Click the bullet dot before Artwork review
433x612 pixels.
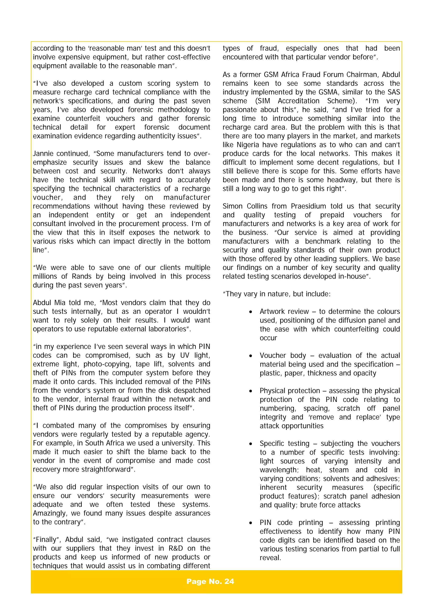[251, 312]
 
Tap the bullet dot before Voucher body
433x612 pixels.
[251, 356]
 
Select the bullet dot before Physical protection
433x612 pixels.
[251, 391]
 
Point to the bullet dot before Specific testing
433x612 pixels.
[251, 444]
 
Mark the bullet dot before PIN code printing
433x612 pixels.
[251, 523]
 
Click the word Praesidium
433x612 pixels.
[308, 206]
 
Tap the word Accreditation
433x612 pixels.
[299, 101]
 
